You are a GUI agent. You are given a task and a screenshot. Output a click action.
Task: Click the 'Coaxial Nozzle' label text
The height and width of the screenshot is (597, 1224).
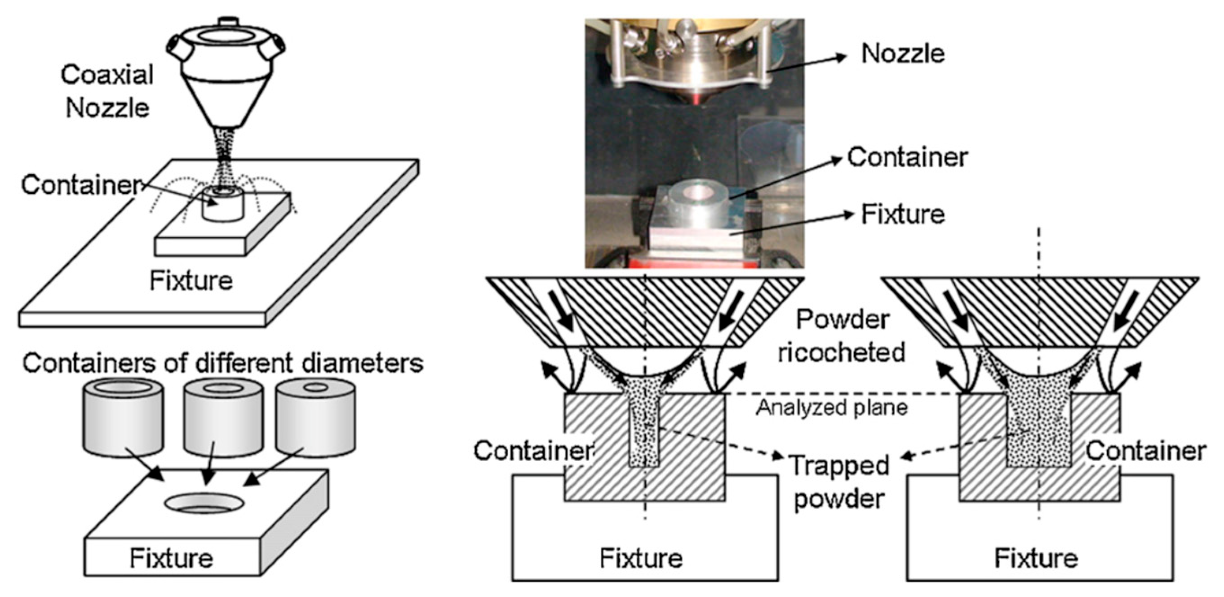click(108, 91)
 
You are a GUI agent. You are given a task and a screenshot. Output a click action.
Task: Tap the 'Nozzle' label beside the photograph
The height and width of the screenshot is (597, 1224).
click(903, 53)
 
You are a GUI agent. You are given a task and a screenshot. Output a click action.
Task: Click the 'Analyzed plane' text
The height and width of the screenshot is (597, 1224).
click(832, 408)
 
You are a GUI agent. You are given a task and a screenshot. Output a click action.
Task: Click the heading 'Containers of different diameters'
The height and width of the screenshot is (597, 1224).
click(222, 363)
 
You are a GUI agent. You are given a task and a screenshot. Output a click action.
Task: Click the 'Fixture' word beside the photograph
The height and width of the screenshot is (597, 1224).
click(903, 214)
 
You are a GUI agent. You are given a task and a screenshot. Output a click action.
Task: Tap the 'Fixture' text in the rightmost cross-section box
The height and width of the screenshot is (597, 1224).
click(1036, 558)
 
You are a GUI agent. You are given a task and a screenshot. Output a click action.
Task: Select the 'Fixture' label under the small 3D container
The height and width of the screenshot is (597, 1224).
click(191, 281)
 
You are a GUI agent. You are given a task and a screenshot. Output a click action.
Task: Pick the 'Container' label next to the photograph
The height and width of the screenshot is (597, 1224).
click(907, 157)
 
